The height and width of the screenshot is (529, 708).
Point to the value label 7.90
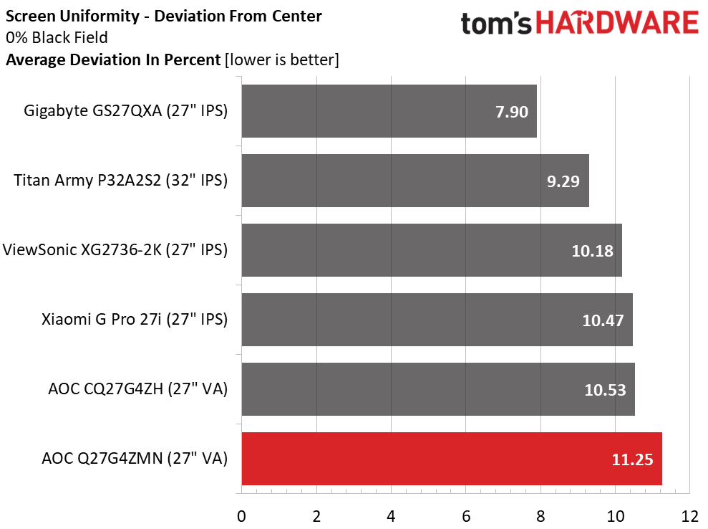click(x=511, y=112)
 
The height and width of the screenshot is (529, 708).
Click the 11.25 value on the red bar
click(x=632, y=459)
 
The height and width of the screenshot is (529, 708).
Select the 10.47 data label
click(x=603, y=320)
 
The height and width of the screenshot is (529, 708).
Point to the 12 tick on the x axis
click(x=689, y=515)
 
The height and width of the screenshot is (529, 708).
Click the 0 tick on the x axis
click(x=242, y=515)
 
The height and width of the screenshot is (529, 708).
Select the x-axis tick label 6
click(x=466, y=515)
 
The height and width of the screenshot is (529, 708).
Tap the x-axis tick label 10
click(x=615, y=515)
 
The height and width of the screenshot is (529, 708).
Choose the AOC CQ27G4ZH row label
click(x=137, y=389)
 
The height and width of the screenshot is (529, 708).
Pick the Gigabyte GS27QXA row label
click(x=126, y=111)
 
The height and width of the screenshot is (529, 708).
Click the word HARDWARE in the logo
click(x=616, y=24)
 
